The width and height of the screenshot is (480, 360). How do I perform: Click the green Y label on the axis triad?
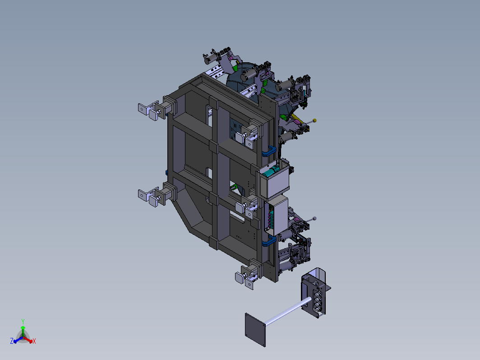click(23, 321)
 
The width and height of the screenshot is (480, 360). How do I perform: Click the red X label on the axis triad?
click(34, 341)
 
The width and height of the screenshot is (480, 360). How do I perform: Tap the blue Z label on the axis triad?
click(12, 341)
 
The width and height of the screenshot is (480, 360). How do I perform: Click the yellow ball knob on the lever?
click(315, 120)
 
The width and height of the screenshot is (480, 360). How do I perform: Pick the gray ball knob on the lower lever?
click(315, 218)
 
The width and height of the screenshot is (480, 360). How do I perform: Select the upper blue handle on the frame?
click(269, 151)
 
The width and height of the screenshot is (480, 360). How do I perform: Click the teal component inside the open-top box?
click(272, 171)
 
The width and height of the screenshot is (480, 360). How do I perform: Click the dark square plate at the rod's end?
click(255, 330)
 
